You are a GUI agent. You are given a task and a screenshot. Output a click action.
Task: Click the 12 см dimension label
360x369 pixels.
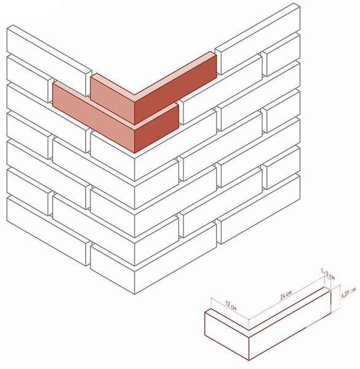(230, 305)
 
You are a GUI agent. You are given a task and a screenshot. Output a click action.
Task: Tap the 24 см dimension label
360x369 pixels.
(286, 295)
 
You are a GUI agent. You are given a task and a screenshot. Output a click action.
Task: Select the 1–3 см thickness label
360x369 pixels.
(328, 274)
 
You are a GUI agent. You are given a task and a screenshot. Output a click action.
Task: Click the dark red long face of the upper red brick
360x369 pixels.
(175, 90)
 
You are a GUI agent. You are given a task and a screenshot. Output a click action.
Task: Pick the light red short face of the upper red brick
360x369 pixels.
(112, 101)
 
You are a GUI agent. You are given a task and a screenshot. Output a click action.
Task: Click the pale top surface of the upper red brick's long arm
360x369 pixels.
(175, 74)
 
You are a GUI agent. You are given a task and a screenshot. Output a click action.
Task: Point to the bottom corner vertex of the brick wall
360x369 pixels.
(135, 294)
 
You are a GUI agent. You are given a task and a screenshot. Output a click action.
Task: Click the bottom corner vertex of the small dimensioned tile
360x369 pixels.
(249, 360)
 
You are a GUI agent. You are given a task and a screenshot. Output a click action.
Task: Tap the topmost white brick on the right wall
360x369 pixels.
(257, 39)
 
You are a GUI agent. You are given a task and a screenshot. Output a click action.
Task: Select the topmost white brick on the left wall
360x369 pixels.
(49, 60)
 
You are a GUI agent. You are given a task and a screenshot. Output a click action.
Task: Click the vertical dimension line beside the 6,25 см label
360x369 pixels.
(340, 299)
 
